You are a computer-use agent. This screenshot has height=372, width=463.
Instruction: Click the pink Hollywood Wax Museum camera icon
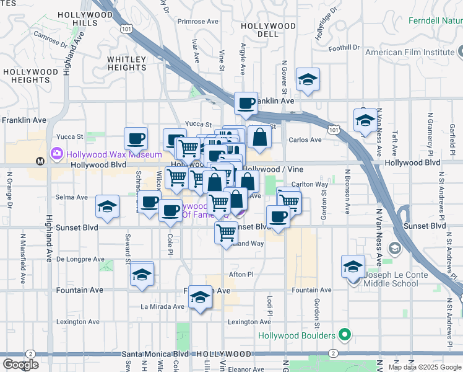pyautogui.click(x=57, y=153)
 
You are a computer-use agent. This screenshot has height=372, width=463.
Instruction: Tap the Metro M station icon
pyautogui.click(x=41, y=161)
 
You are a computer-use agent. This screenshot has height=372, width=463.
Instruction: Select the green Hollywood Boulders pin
pyautogui.click(x=347, y=337)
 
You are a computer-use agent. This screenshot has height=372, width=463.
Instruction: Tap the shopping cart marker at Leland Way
pyautogui.click(x=227, y=233)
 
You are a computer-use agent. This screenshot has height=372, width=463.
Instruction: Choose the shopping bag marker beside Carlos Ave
pyautogui.click(x=261, y=138)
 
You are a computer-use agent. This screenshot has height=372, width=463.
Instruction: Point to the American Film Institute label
pyautogui.click(x=410, y=52)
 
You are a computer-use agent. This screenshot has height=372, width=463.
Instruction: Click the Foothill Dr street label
pyautogui.click(x=344, y=48)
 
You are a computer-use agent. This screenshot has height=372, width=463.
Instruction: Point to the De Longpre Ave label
pyautogui.click(x=80, y=259)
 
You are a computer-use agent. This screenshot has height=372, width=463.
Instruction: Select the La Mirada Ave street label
pyautogui.click(x=163, y=306)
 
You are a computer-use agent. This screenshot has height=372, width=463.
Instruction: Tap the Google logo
pyautogui.click(x=20, y=365)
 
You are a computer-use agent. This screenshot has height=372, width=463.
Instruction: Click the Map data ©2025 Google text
pyautogui.click(x=425, y=367)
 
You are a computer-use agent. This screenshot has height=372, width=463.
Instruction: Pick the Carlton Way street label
pyautogui.click(x=309, y=184)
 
